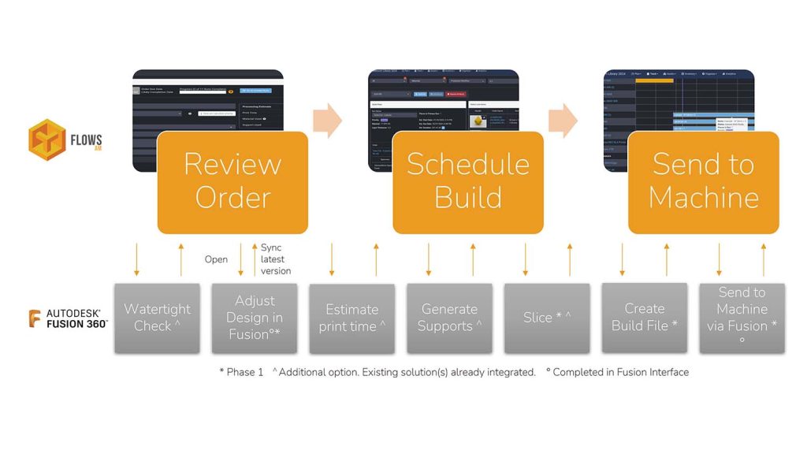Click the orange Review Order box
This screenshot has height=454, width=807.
coord(232,182)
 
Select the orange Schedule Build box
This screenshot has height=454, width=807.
coord(467,182)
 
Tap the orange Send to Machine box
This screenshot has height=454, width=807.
coord(703,182)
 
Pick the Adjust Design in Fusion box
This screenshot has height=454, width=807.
coord(255,318)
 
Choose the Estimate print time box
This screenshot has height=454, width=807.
coord(351,318)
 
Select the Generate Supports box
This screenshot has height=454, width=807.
coord(449,318)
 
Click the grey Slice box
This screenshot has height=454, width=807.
coord(547,318)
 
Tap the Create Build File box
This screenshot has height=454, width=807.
coord(644,317)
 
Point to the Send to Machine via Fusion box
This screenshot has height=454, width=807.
coord(742,318)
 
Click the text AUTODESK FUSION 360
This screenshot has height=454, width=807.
coord(76,318)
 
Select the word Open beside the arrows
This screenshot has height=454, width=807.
coord(216,259)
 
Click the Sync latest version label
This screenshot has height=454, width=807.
coord(276,259)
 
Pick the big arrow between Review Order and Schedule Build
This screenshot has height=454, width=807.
coord(327,119)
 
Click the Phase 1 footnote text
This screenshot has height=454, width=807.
coord(241,372)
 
